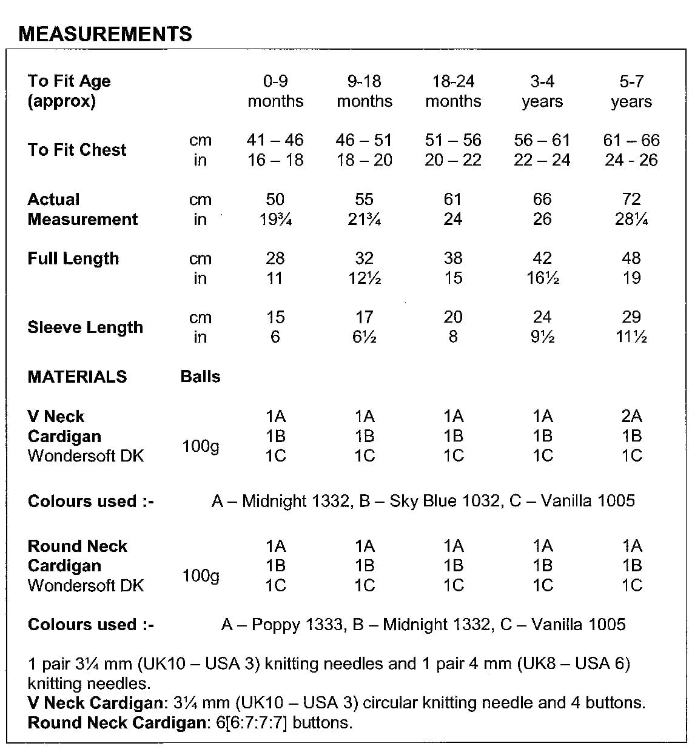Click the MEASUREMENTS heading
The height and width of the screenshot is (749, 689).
(106, 34)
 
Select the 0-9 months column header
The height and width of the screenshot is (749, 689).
(275, 91)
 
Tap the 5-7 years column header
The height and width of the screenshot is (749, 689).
(631, 91)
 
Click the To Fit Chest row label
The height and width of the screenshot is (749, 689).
(77, 150)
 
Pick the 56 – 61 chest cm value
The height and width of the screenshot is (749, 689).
(542, 140)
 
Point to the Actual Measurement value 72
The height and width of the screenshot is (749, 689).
(631, 199)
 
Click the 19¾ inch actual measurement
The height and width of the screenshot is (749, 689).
(275, 219)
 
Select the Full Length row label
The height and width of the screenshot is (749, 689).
(73, 258)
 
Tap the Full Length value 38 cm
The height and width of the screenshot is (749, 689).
(453, 258)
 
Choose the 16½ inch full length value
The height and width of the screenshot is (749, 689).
(542, 278)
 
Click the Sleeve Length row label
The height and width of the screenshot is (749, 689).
(86, 327)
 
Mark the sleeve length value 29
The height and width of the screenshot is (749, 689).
(631, 317)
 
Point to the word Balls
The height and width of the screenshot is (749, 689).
(200, 376)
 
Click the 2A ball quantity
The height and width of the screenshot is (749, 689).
(631, 416)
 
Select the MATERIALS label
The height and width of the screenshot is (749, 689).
(77, 376)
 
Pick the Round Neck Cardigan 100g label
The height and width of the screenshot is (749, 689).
(201, 575)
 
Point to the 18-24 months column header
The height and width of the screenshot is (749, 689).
(453, 91)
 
